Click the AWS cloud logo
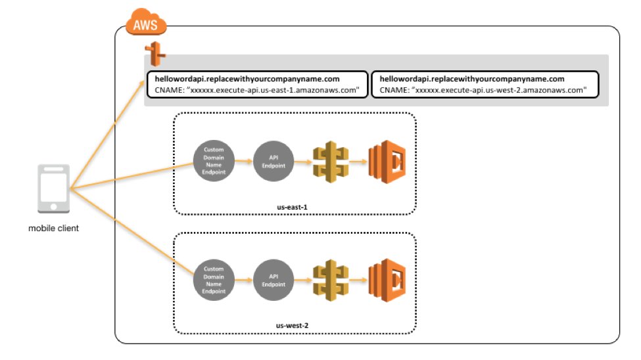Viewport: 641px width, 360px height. [147, 24]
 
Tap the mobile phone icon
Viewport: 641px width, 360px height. [53, 189]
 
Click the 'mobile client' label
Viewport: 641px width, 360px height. [53, 229]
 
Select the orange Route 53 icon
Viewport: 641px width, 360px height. [155, 53]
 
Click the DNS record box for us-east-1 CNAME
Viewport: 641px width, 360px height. [257, 85]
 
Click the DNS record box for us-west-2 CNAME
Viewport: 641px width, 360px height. [485, 85]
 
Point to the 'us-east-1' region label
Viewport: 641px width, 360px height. [292, 206]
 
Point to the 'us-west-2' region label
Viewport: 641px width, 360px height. [292, 325]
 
